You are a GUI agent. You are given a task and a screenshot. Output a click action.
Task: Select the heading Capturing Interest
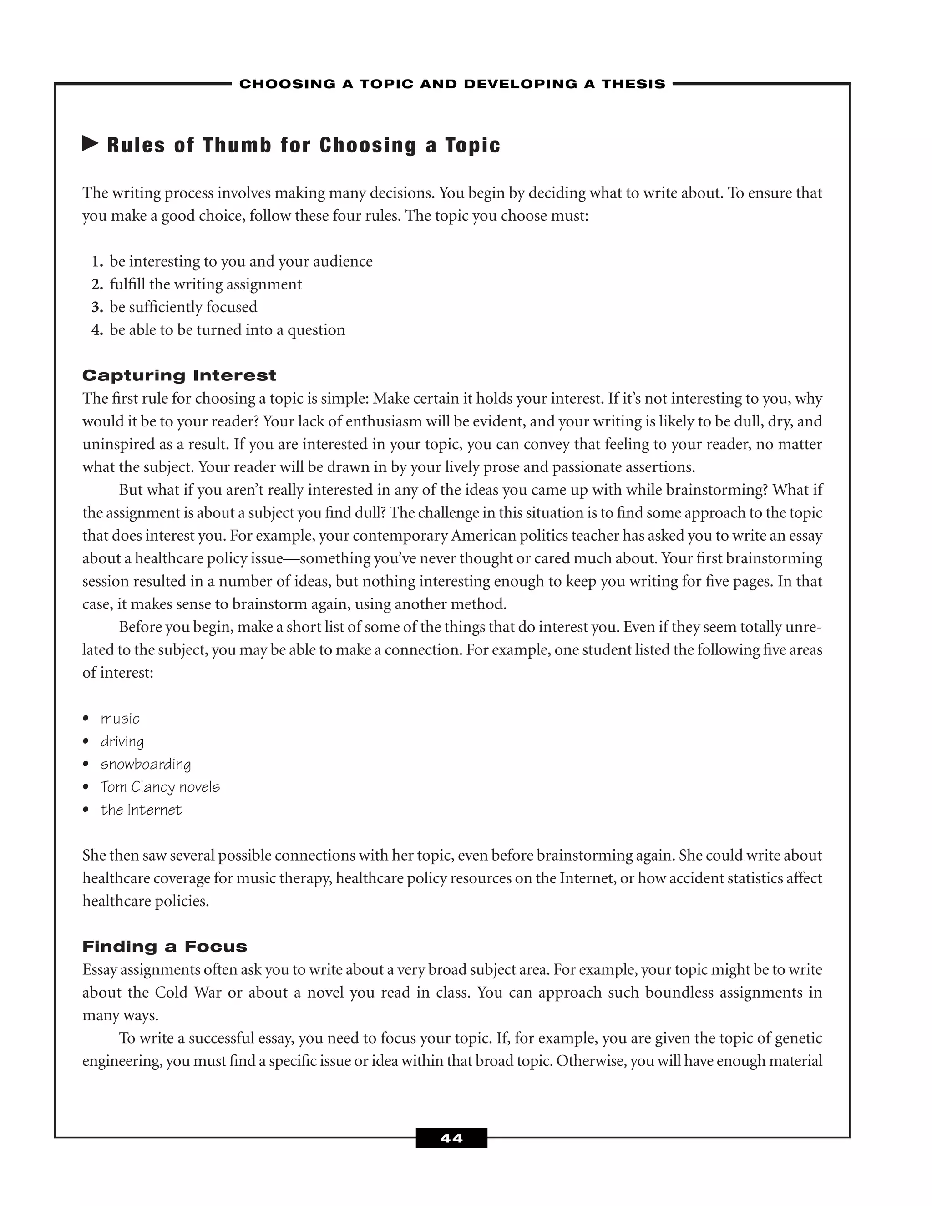pyautogui.click(x=179, y=375)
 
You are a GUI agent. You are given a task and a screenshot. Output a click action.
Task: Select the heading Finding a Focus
pyautogui.click(x=165, y=947)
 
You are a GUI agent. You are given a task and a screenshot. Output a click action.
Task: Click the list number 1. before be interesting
pyautogui.click(x=97, y=261)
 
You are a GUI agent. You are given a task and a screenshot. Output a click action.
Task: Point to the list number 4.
pyautogui.click(x=97, y=330)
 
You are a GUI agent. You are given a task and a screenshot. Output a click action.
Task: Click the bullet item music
pyautogui.click(x=120, y=719)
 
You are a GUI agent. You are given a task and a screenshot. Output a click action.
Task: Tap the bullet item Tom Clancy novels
pyautogui.click(x=160, y=787)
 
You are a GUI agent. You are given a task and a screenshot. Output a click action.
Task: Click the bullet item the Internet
pyautogui.click(x=142, y=810)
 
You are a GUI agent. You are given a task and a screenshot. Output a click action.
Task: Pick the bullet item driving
pyautogui.click(x=122, y=742)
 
